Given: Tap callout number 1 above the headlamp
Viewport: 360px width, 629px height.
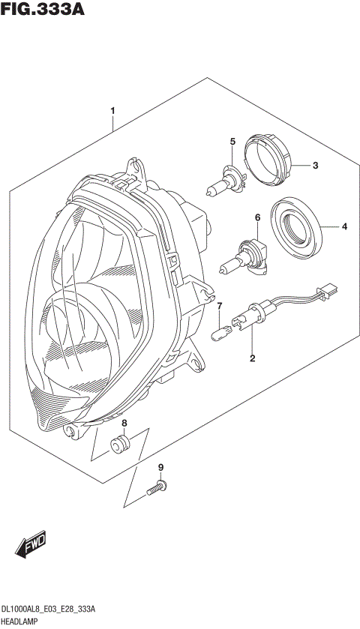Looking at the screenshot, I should click(x=112, y=112).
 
